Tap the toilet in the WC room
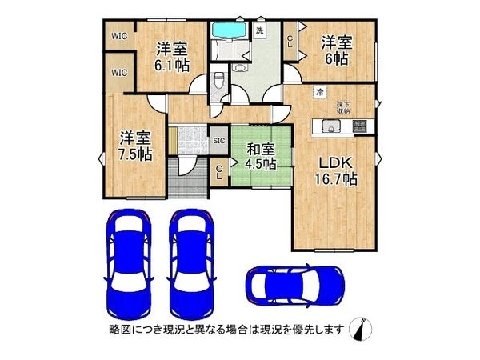pos(219,81)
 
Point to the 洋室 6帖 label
pos(335,49)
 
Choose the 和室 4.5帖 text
pos(260,156)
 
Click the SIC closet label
pos(218,141)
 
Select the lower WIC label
pos(120,74)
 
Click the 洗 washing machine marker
pos(259,30)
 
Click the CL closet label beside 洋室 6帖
pos(290,40)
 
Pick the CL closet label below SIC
pos(219,174)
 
